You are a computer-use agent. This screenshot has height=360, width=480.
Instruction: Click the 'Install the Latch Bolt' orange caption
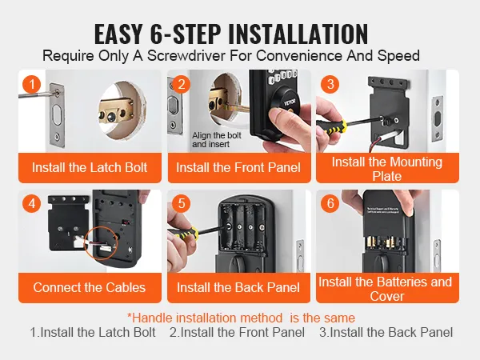point(90,168)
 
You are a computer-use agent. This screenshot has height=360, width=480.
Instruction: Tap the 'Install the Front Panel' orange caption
point(238,168)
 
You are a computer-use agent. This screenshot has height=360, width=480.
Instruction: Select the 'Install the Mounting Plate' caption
point(387,168)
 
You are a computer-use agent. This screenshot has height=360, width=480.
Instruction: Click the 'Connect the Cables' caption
point(90,288)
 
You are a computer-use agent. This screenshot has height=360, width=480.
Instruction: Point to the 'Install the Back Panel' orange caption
point(238,288)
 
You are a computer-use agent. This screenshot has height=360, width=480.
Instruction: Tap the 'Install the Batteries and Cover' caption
point(387,288)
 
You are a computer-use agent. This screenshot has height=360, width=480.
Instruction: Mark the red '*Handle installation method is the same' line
point(241,318)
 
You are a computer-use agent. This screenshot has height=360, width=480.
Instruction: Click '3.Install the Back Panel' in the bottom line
point(386,332)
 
